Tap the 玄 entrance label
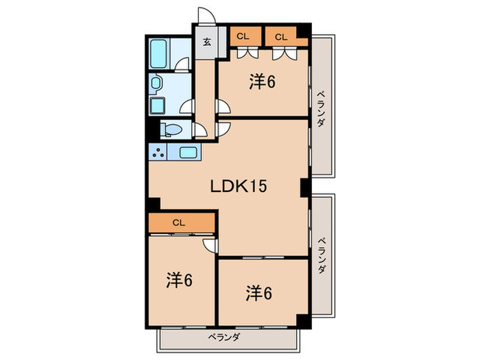[x=206, y=40]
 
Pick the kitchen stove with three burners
[x=158, y=153]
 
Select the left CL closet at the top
[x=242, y=36]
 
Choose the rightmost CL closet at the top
[x=280, y=36]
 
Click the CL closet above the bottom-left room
[x=179, y=222]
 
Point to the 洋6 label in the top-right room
[x=262, y=82]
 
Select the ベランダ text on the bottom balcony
[x=224, y=337]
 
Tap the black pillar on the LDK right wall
[x=304, y=186]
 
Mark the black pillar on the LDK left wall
[x=154, y=204]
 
